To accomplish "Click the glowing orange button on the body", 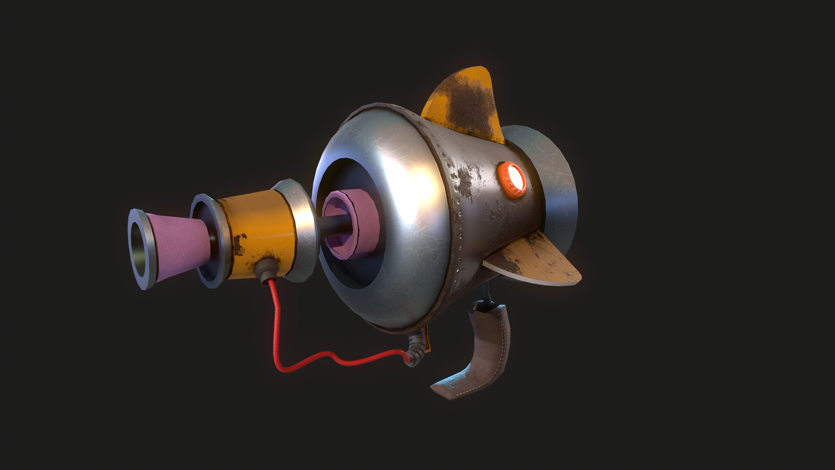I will point(512,179).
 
